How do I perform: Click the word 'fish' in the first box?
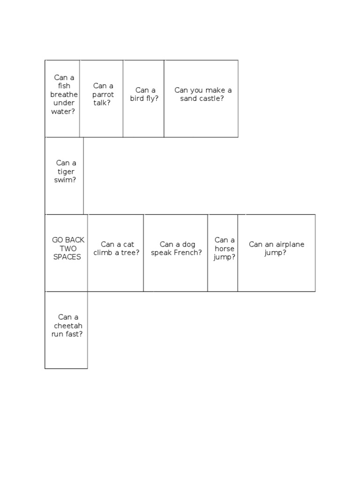coord(64,86)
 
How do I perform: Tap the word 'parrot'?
coord(103,94)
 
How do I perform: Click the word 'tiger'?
coord(66,172)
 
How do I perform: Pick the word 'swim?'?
coord(65,180)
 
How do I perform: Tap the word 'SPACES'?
coord(67,257)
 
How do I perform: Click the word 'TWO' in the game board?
coord(67,248)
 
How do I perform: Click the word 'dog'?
coord(189,244)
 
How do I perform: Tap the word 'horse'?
coord(225,248)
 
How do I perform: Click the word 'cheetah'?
coord(68,325)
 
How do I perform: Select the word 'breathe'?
coord(64,94)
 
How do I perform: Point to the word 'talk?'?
coord(102,103)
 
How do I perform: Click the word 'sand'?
coord(189,99)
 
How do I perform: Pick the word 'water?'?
coord(63,111)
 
